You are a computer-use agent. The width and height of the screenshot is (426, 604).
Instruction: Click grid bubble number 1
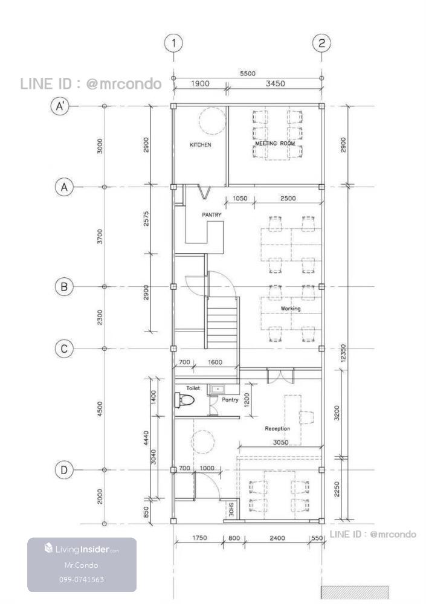[173, 43]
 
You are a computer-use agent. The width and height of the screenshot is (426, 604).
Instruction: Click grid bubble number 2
[321, 43]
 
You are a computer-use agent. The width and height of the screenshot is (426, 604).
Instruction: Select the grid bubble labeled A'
[60, 106]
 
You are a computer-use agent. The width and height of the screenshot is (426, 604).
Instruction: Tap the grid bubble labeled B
[64, 286]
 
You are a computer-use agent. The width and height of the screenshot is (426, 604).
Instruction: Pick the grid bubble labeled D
[64, 470]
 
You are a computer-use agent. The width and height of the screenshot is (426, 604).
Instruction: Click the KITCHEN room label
[201, 145]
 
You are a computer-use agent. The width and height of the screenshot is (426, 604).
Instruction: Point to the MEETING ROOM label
[275, 143]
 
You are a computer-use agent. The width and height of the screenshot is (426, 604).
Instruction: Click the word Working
[290, 309]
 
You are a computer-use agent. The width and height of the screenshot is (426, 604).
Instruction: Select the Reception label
[277, 428]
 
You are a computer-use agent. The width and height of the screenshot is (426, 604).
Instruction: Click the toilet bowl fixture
[184, 400]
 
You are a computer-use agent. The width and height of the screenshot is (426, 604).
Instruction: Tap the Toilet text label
[193, 388]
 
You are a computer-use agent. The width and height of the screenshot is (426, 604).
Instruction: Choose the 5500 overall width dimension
[248, 73]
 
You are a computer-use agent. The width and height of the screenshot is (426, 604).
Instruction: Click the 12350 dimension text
[343, 353]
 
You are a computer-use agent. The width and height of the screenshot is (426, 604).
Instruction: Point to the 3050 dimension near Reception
[280, 442]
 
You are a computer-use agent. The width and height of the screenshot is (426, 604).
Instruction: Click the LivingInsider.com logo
[82, 548]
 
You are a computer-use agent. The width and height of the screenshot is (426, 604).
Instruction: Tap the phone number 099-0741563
[82, 579]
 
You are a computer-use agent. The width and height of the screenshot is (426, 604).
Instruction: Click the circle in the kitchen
[211, 121]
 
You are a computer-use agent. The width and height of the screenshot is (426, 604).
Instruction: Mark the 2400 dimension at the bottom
[277, 538]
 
